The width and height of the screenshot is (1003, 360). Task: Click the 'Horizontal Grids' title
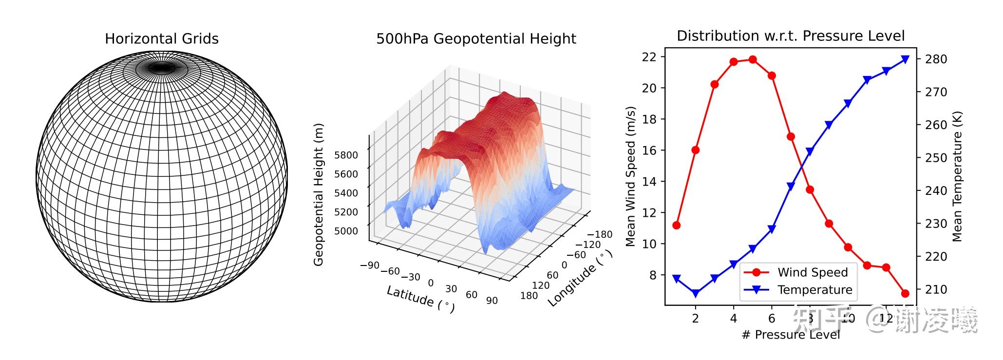click(x=162, y=39)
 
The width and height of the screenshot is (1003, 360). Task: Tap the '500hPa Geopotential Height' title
click(x=476, y=39)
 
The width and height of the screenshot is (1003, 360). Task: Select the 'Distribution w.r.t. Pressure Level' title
click(x=790, y=36)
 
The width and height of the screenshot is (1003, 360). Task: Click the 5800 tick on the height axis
click(x=346, y=155)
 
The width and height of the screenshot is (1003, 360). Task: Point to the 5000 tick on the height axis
click(x=346, y=231)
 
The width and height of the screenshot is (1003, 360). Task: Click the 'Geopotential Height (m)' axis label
click(x=319, y=194)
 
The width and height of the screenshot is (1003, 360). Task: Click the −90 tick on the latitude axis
click(x=370, y=265)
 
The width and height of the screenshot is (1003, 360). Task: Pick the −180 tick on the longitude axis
click(x=600, y=234)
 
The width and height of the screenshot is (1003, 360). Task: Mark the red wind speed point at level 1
click(x=676, y=225)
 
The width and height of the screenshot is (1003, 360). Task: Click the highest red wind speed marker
click(x=753, y=59)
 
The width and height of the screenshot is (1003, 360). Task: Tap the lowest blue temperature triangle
click(x=696, y=293)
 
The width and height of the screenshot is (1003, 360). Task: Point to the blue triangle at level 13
click(x=905, y=59)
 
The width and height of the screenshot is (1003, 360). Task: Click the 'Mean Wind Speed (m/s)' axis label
click(x=630, y=176)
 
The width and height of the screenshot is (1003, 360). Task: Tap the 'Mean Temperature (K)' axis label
click(x=957, y=176)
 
